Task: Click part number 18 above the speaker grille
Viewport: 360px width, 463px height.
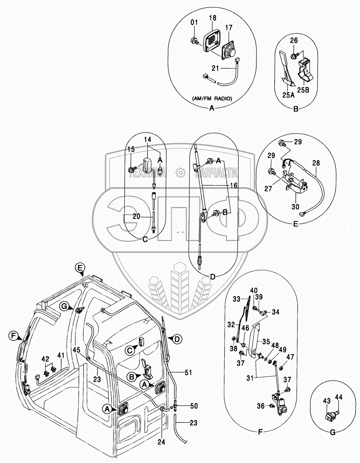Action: coord(213,18)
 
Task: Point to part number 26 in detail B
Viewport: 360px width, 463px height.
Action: coord(294,40)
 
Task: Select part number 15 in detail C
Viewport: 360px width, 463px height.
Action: coord(131,149)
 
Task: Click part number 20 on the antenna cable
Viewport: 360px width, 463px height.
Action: coord(136,216)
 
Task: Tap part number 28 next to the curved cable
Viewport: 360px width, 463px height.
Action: coord(316,163)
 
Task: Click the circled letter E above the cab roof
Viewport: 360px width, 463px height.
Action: coord(80,268)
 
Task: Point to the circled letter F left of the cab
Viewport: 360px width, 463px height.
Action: coord(13,336)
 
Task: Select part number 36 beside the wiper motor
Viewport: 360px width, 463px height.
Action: coord(261,406)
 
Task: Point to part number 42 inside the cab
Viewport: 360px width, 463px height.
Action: coord(46,359)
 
